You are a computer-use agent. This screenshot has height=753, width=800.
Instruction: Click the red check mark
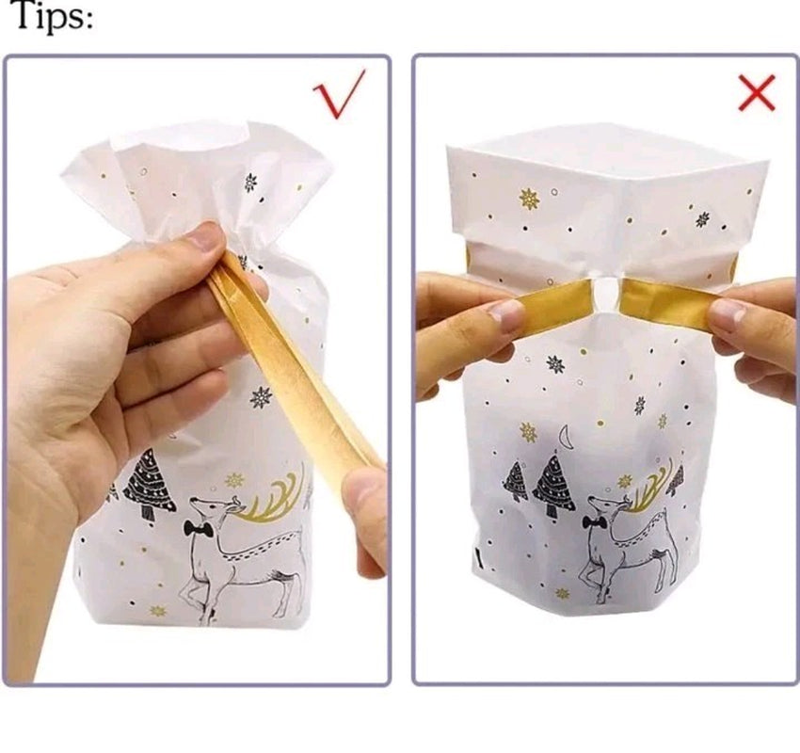click(338, 94)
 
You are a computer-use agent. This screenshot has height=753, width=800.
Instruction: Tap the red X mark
click(757, 92)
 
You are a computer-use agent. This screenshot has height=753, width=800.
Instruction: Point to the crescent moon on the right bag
click(564, 436)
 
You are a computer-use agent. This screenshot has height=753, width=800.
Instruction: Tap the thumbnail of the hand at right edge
click(728, 312)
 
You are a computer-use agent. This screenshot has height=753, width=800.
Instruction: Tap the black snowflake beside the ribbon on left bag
click(261, 397)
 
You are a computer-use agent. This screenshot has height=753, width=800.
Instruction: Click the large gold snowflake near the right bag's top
click(529, 199)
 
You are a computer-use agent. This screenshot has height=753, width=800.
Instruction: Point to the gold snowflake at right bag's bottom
click(562, 593)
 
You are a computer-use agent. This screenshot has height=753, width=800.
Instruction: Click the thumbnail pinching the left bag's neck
click(204, 237)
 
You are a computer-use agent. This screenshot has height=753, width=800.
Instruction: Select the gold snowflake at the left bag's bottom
click(158, 610)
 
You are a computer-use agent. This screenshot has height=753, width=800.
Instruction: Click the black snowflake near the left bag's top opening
click(250, 183)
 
